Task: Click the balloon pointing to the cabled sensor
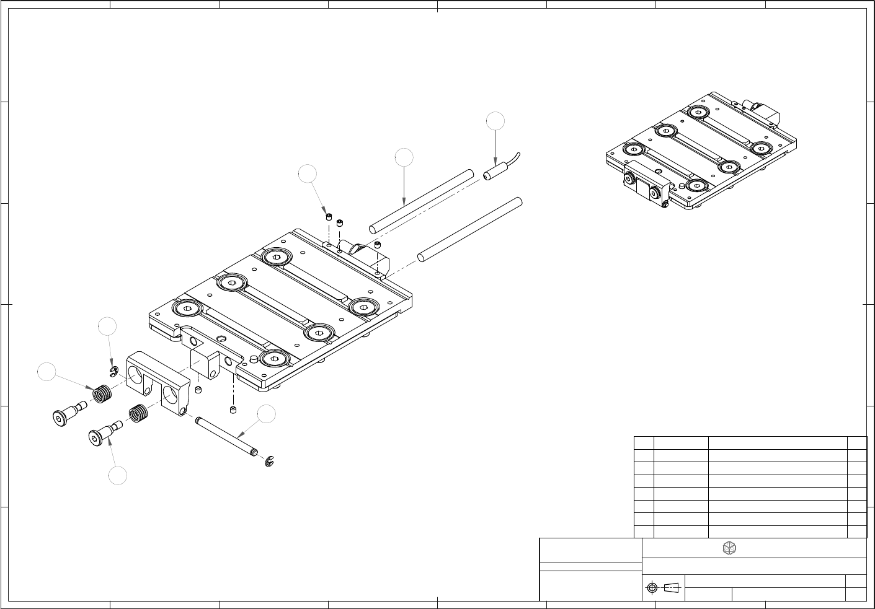point(495,121)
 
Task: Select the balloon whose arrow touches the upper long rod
point(404,157)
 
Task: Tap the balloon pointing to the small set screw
point(308,174)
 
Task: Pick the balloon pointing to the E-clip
point(107,326)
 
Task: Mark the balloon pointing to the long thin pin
point(267,414)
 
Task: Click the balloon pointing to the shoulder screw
point(117,476)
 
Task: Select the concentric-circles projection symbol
point(651,587)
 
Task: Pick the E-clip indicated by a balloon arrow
point(113,371)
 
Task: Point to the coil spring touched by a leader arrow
point(102,393)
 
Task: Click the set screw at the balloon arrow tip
point(328,217)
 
